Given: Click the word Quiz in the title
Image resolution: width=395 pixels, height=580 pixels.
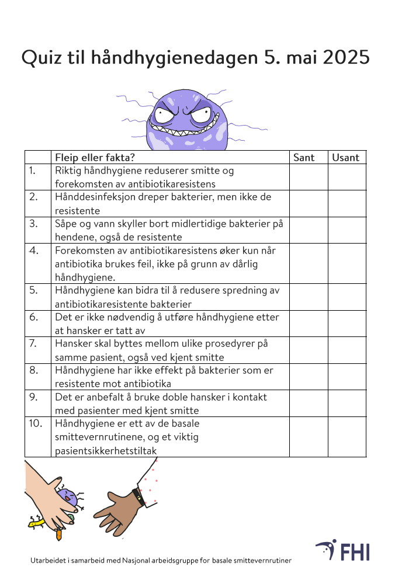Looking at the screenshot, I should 41,58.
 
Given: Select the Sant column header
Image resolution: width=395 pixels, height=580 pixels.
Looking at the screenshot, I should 304,157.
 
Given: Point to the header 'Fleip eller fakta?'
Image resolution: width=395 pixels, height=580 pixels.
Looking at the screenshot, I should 95,157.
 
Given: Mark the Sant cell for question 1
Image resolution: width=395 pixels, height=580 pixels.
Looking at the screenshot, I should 308,177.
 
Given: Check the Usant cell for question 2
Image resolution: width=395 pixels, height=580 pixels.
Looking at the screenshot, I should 347,203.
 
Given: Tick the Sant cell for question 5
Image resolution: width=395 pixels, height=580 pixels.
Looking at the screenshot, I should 308,297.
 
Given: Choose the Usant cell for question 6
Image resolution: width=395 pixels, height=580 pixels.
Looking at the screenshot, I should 347,324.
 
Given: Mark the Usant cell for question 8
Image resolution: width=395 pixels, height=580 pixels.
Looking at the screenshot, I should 347,377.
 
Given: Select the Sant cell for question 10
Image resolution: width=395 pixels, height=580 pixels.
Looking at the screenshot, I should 308,437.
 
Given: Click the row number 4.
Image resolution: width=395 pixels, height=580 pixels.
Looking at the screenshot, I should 34,251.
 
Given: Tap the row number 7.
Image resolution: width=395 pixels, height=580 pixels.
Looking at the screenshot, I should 34,343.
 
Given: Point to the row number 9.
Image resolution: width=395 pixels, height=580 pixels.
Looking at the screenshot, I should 34,397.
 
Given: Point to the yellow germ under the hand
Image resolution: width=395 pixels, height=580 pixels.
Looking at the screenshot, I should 36,523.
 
